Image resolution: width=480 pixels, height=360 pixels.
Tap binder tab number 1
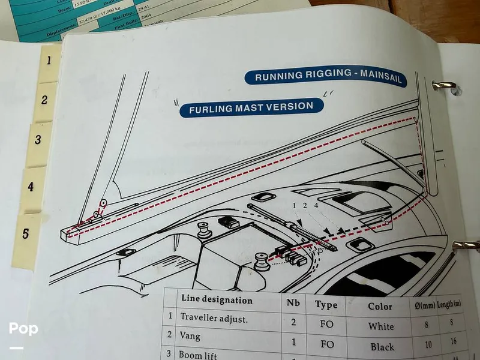coord(49,60)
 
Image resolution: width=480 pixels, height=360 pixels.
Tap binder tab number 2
coord(44,100)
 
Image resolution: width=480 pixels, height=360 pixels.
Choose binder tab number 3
coord(38,140)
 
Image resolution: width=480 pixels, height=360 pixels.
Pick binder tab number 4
coord(31,187)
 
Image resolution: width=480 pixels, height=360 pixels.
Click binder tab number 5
coord(25,234)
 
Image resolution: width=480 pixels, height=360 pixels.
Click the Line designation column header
coord(217,299)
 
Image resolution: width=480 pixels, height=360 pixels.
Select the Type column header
coord(326,304)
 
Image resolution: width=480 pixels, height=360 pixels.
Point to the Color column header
coord(380,305)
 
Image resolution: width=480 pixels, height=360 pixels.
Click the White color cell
coord(381,326)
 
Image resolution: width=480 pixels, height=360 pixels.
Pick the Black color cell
coord(382,346)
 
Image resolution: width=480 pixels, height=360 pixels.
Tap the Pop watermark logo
coord(23,329)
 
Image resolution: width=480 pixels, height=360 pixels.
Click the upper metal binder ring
coord(446,86)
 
